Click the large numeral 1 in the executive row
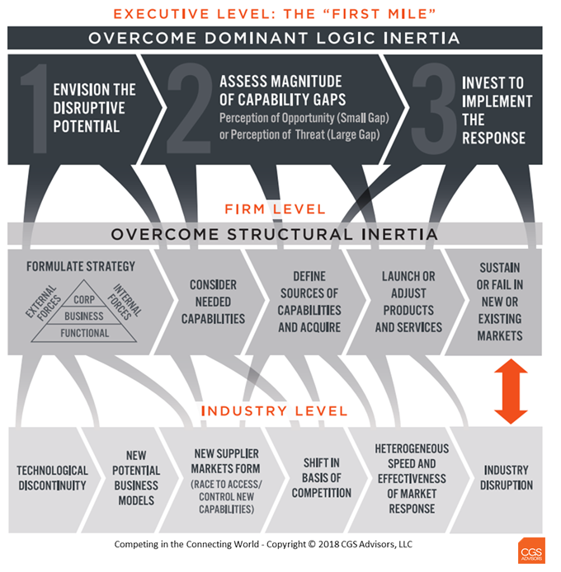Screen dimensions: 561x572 [36, 109]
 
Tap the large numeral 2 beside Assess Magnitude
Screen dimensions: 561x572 [190, 108]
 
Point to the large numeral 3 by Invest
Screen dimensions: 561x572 [434, 109]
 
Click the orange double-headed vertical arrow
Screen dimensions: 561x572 [511, 391]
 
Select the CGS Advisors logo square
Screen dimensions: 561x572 [531, 551]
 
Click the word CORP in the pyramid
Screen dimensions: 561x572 [84, 300]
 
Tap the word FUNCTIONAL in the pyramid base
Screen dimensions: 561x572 [85, 333]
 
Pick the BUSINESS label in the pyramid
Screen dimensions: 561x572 [84, 316]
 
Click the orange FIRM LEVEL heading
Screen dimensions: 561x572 [275, 209]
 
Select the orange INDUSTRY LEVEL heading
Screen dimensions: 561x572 [274, 411]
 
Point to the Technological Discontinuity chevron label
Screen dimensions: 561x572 [52, 478]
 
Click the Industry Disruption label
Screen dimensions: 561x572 [507, 477]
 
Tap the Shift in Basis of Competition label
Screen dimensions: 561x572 [322, 478]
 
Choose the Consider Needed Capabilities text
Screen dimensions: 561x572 [214, 302]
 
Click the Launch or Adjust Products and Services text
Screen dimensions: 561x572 [408, 302]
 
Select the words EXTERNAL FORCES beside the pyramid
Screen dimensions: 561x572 [43, 302]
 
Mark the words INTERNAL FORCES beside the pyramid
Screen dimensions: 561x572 [125, 302]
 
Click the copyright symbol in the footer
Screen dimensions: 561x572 [312, 544]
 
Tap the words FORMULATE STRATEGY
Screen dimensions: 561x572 [81, 266]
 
